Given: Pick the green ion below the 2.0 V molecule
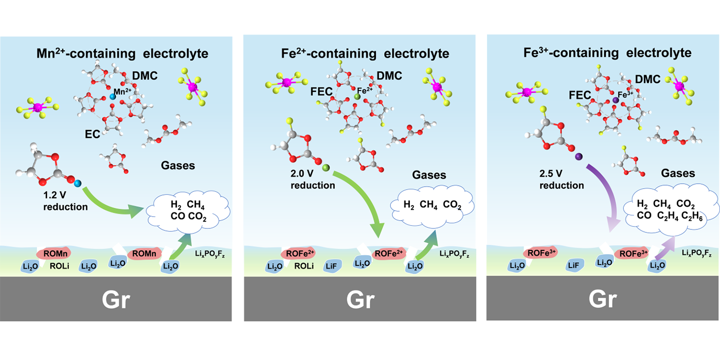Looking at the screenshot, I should (325, 167).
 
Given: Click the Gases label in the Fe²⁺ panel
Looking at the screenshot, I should (429, 175).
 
